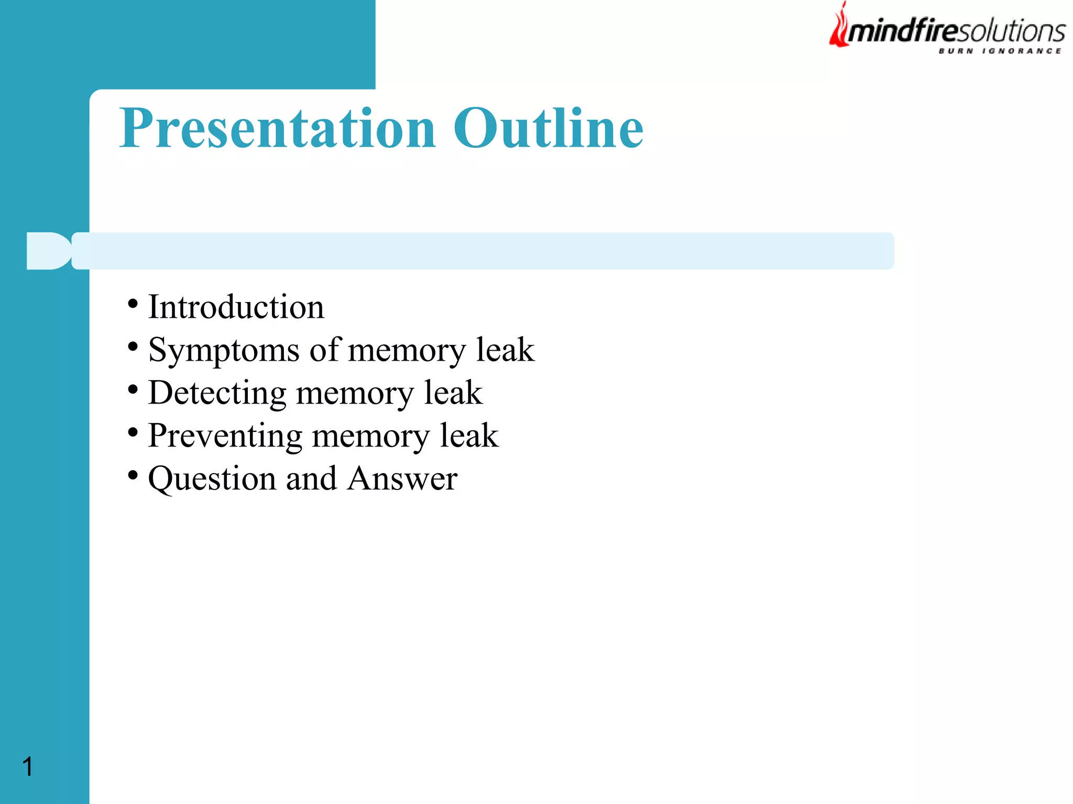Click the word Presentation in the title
coord(278,128)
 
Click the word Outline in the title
coord(548,128)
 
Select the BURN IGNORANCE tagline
coord(1000,51)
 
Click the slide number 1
coord(28,767)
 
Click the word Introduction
coord(236,307)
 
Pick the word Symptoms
coord(224,350)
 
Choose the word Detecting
coord(217,393)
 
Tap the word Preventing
coord(225,435)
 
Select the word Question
coord(212,478)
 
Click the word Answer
coord(402,478)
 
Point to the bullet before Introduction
coord(133,304)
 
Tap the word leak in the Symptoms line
coord(505,350)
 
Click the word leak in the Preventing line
coord(469,435)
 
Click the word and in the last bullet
coord(311,478)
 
